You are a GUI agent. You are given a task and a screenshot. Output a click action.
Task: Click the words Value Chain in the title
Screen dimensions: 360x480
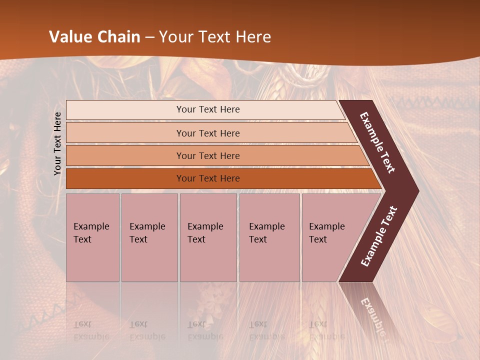point(94,37)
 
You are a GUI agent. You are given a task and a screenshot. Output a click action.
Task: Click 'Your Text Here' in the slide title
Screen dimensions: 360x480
point(215,37)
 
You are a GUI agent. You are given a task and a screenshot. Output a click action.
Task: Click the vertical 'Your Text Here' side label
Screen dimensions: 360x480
point(57,143)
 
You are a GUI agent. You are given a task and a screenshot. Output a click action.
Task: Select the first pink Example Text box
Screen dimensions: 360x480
point(92,237)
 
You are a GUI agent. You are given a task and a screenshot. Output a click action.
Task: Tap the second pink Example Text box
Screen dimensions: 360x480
point(149,237)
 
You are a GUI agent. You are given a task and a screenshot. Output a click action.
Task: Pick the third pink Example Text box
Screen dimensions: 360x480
point(208,237)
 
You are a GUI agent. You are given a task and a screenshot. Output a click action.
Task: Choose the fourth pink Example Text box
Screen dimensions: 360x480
point(269,237)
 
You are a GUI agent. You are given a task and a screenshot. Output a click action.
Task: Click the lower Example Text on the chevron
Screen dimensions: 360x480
point(379,236)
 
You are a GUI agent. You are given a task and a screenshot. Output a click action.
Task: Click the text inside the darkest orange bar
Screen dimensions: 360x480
point(208,178)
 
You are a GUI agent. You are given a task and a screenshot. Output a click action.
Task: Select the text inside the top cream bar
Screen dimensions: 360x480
point(208,109)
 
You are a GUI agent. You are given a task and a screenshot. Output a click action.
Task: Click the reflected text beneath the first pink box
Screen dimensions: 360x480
point(91,330)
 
